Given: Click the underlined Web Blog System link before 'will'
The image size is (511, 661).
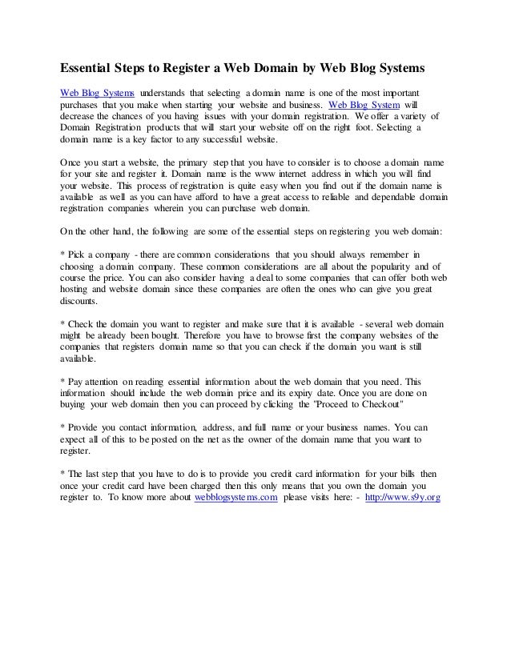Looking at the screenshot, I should (363, 104).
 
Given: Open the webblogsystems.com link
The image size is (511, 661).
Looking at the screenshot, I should (236, 496).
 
